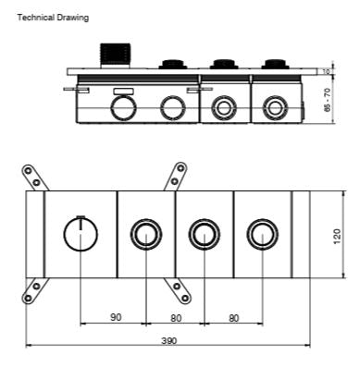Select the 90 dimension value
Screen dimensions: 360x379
pyautogui.click(x=115, y=317)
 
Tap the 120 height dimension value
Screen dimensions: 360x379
pyautogui.click(x=337, y=236)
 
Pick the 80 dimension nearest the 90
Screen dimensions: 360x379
pyautogui.click(x=176, y=317)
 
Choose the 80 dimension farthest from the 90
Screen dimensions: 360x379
pyautogui.click(x=234, y=317)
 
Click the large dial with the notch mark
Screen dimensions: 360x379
pyautogui.click(x=81, y=235)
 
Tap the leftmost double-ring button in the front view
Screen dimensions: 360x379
pyautogui.click(x=144, y=235)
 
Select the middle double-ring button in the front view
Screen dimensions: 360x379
pyautogui.click(x=204, y=235)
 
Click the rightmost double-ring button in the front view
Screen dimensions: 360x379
pyautogui.click(x=262, y=235)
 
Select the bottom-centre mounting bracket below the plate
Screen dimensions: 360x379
pyautogui.click(x=175, y=291)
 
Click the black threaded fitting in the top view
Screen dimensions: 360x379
pyautogui.click(x=116, y=55)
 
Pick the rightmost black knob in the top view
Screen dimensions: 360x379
pyautogui.click(x=274, y=65)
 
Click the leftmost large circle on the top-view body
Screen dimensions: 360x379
pyautogui.click(x=122, y=109)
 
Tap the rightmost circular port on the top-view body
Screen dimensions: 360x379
pyautogui.click(x=274, y=108)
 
